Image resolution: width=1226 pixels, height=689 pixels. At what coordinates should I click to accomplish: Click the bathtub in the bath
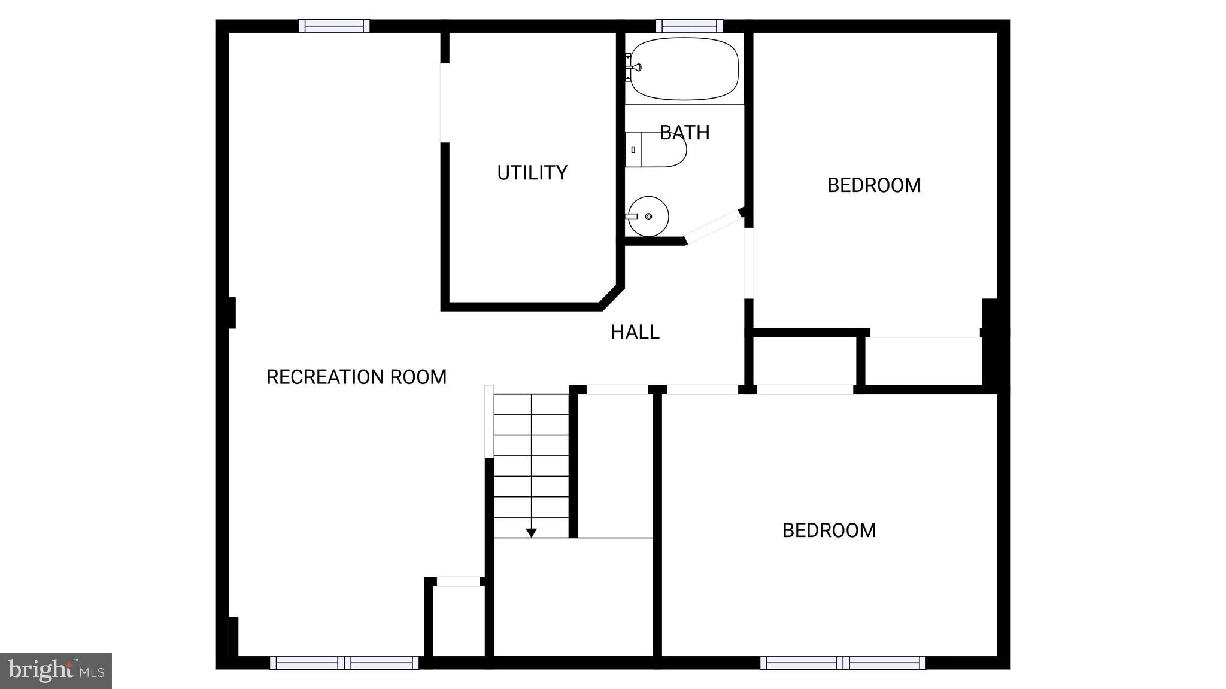click(685, 69)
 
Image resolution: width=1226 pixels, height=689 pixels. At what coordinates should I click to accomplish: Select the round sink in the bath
click(648, 216)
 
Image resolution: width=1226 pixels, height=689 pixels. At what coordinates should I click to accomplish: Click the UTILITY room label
click(532, 173)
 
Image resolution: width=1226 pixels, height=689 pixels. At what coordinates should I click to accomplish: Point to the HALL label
click(635, 332)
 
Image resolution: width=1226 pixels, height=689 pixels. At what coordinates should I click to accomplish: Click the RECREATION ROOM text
click(356, 377)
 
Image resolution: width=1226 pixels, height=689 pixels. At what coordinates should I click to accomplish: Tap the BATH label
click(685, 132)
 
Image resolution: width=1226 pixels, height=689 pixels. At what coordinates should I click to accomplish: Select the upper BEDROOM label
click(873, 185)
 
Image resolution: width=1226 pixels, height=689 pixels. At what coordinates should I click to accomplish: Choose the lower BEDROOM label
click(829, 531)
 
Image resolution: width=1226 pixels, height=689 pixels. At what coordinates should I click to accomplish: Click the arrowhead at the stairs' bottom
click(531, 533)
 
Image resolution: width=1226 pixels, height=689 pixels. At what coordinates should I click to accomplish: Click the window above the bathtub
click(689, 26)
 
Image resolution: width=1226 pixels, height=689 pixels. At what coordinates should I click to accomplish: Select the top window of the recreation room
click(334, 26)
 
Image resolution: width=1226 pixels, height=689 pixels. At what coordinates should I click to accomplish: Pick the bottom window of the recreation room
click(344, 662)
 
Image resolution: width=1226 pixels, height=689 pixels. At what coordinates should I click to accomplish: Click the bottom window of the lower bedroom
click(843, 662)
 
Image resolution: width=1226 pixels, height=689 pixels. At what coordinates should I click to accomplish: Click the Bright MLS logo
click(56, 670)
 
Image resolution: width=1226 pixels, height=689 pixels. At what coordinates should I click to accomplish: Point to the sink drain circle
click(648, 216)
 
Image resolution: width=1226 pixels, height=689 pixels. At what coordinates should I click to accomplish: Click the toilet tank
click(633, 150)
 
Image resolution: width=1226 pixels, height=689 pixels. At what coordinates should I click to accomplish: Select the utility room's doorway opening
click(445, 102)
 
